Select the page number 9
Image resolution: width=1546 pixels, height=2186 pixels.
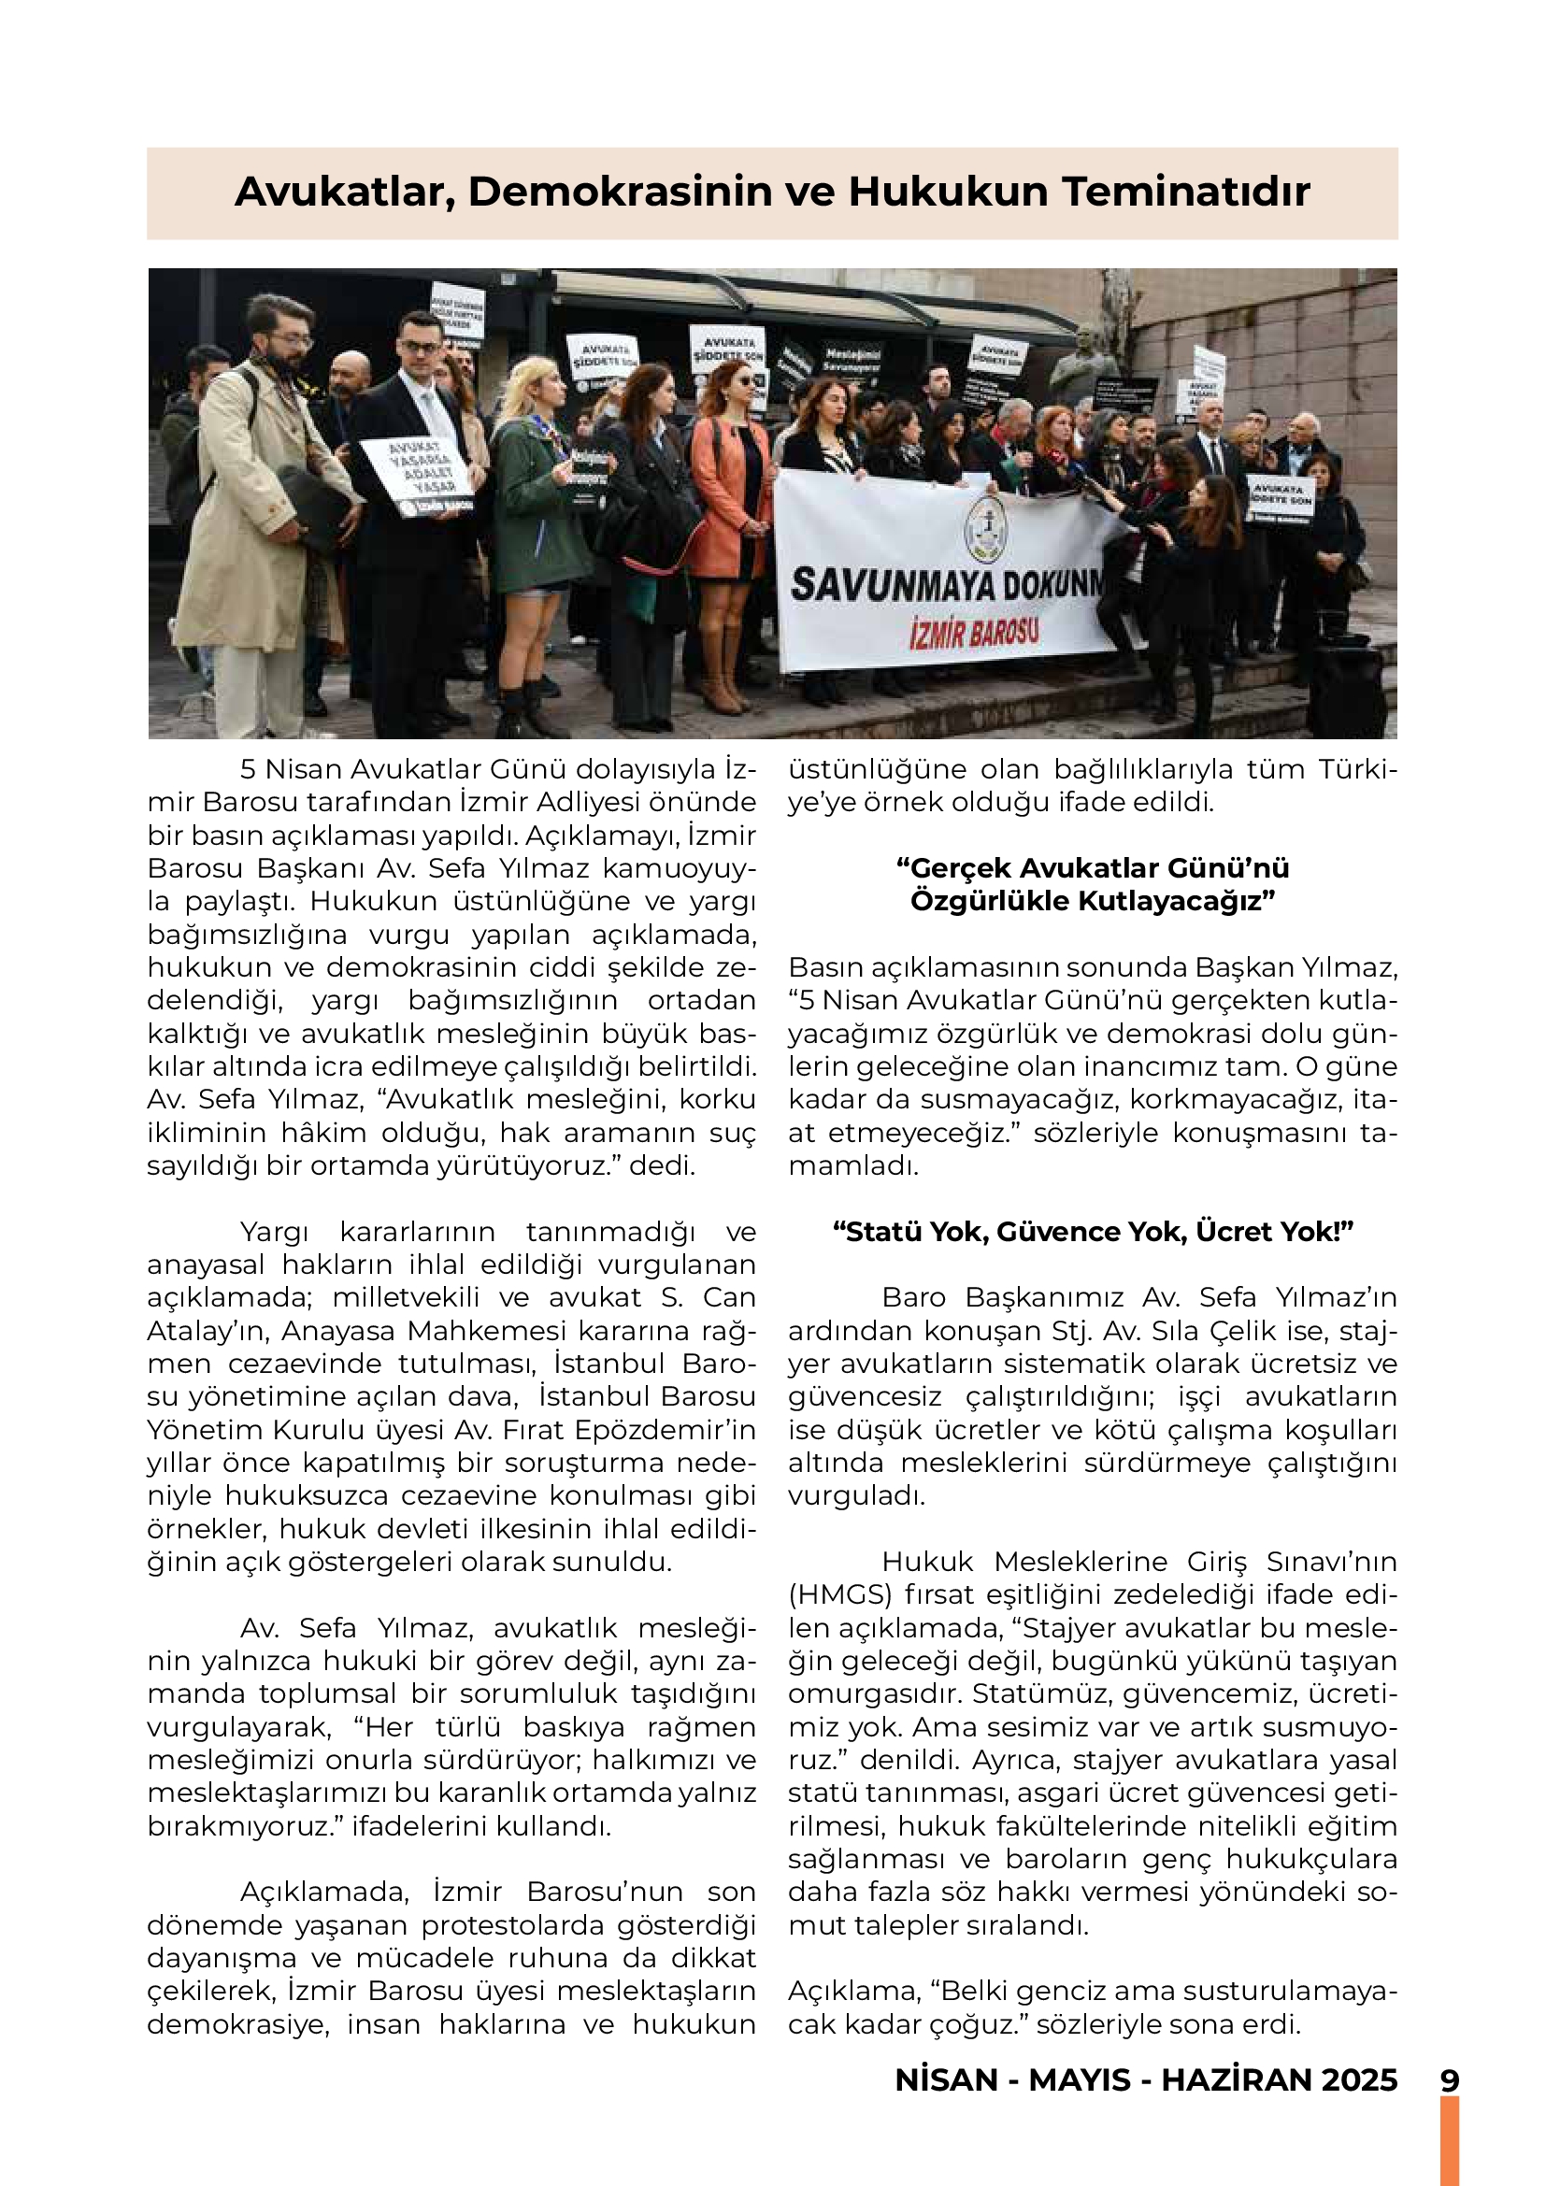coord(1449,2080)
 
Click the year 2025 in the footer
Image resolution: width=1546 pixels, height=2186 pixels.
coord(1358,2080)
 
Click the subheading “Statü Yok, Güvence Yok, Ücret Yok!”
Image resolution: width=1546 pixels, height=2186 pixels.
coord(1092,1232)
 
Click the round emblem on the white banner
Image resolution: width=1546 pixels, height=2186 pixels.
coord(986,529)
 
